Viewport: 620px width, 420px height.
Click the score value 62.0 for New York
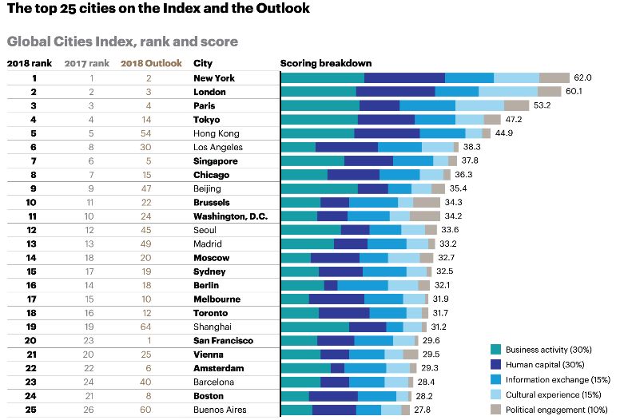tap(582, 77)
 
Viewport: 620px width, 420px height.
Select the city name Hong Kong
tap(217, 133)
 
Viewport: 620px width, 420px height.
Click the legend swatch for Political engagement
tap(495, 410)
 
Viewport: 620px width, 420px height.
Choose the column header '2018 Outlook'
tap(151, 62)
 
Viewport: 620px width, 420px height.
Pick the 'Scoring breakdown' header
tap(326, 62)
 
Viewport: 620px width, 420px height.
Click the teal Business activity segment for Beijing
tap(320, 188)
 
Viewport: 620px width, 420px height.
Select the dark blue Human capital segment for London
tap(395, 92)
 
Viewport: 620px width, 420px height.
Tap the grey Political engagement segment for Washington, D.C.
tap(425, 216)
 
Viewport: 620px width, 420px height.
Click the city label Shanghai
tap(213, 327)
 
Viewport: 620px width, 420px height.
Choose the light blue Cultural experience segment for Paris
tap(479, 105)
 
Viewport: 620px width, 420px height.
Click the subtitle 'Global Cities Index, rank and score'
tap(122, 40)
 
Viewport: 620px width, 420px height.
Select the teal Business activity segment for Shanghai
tap(315, 327)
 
